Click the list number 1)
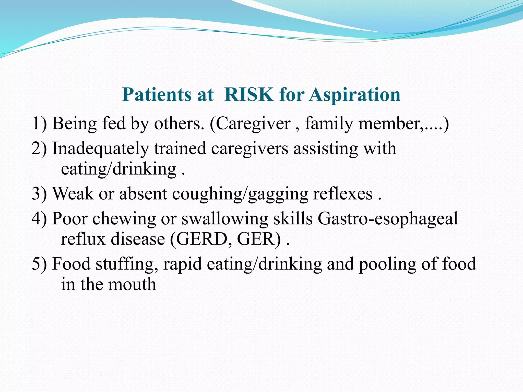tap(39, 124)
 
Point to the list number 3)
tap(39, 194)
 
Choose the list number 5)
tap(39, 264)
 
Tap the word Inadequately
tap(100, 149)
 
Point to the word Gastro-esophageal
tap(388, 219)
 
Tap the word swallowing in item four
tap(225, 219)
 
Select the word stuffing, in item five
tap(127, 264)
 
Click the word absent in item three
tap(143, 194)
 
